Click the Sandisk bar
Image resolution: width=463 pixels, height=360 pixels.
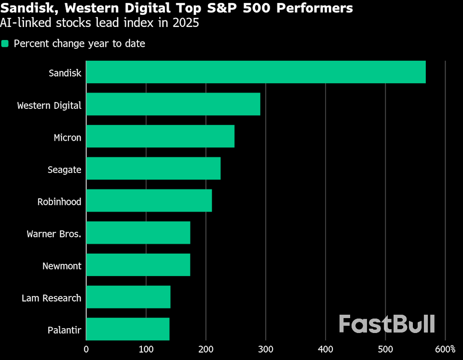pyautogui.click(x=256, y=72)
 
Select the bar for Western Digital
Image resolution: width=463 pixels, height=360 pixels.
pyautogui.click(x=173, y=104)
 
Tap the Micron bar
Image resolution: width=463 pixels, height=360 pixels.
pyautogui.click(x=160, y=136)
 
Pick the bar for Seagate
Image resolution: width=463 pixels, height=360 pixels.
pyautogui.click(x=153, y=168)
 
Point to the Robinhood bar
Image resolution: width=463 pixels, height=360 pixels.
pyautogui.click(x=149, y=200)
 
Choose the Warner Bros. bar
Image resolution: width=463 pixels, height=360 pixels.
pyautogui.click(x=138, y=233)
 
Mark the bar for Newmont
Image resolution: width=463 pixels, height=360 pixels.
pyautogui.click(x=138, y=265)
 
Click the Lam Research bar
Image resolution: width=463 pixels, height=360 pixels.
pyautogui.click(x=128, y=297)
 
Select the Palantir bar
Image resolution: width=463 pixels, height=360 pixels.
pyautogui.click(x=128, y=329)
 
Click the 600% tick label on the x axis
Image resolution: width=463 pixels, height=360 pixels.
pyautogui.click(x=445, y=349)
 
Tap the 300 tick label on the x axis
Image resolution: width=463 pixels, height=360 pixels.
pyautogui.click(x=266, y=349)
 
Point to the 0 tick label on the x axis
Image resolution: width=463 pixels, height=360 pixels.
pyautogui.click(x=86, y=349)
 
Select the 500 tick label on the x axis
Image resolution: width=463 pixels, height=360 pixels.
pyautogui.click(x=385, y=349)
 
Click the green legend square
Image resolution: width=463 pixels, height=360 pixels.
pyautogui.click(x=5, y=44)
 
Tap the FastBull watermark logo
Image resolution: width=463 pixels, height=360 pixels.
pyautogui.click(x=387, y=324)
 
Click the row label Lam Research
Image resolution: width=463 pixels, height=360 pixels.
pyautogui.click(x=51, y=298)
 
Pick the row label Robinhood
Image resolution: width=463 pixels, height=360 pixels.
pyautogui.click(x=59, y=202)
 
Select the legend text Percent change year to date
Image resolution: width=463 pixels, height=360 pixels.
pyautogui.click(x=79, y=44)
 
